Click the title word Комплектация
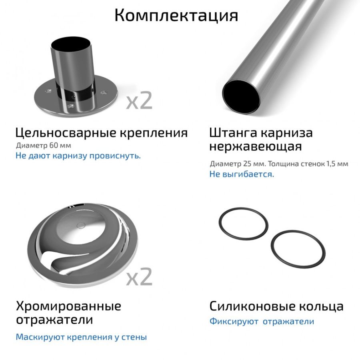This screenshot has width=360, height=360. click(176, 16)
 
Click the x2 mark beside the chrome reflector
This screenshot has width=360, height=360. click(139, 277)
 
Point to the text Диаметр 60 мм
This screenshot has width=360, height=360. click(43, 145)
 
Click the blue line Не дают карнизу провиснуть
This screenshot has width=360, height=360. click(78, 156)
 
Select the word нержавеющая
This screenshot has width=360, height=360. click(255, 146)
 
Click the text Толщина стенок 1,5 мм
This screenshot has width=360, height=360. click(308, 164)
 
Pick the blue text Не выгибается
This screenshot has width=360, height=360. click(242, 174)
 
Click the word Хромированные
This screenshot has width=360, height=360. click(68, 306)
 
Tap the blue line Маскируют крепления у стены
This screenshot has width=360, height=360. click(81, 337)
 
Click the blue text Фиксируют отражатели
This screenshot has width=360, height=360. click(262, 322)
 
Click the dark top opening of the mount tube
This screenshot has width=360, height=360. click(70, 44)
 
